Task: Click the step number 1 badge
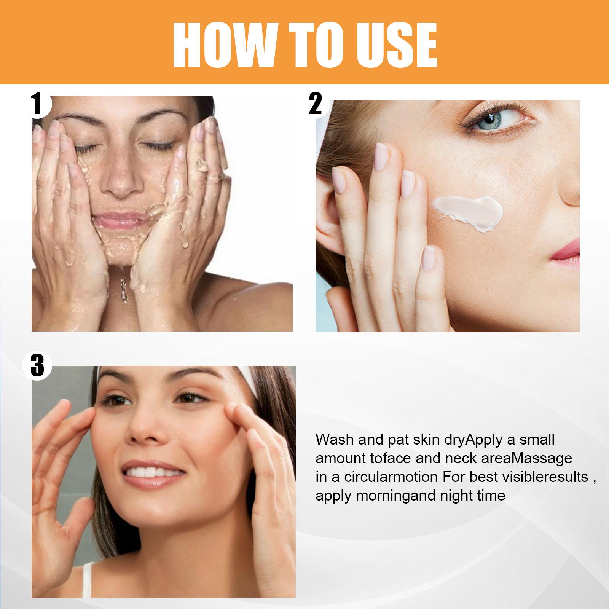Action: click(38, 104)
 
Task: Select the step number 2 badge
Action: click(316, 104)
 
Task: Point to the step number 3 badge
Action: click(37, 366)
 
